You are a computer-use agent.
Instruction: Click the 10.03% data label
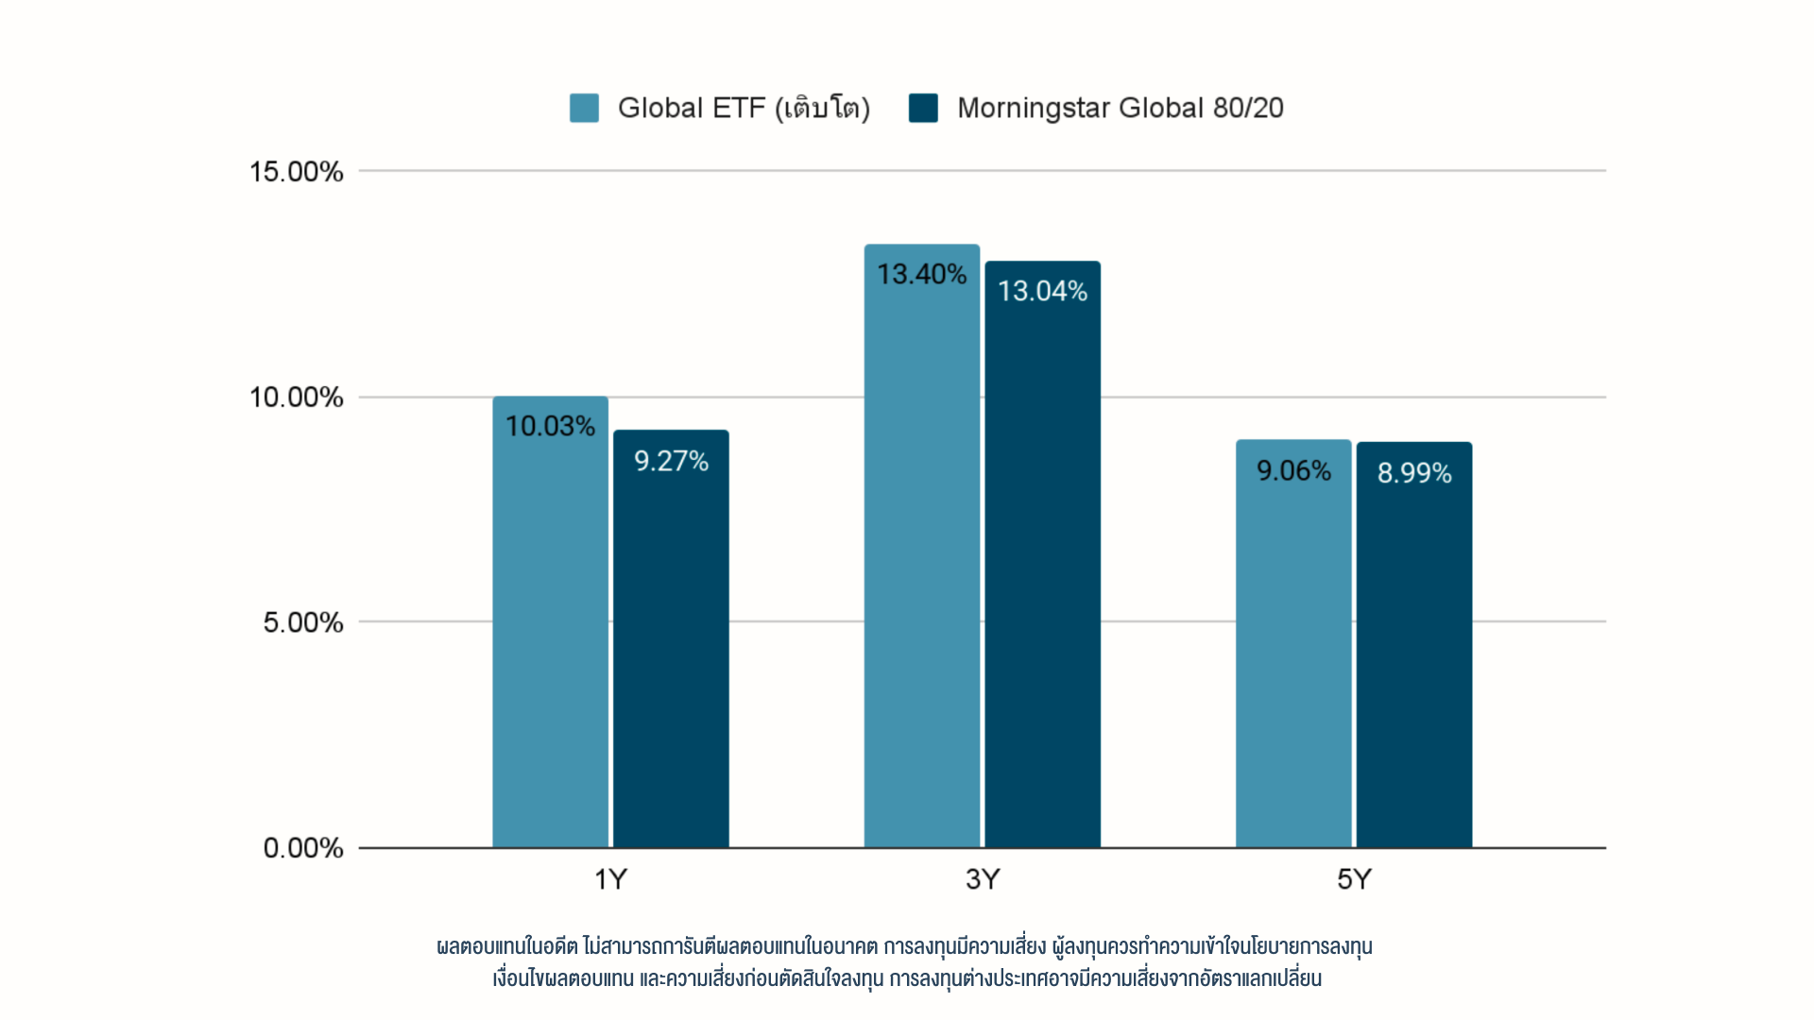(550, 427)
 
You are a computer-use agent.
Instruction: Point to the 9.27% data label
(671, 461)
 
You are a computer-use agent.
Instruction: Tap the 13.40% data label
(921, 275)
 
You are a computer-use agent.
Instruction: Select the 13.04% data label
(1042, 291)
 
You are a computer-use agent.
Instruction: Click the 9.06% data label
(1293, 470)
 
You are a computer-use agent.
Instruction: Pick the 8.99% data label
(1414, 473)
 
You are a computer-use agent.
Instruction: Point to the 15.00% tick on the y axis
(296, 172)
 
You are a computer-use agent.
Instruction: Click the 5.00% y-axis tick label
(302, 622)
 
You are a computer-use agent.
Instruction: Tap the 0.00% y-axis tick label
(302, 848)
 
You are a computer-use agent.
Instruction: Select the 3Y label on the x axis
(983, 880)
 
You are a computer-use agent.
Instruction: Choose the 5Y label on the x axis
(1354, 880)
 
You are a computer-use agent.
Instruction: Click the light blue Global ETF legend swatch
(584, 108)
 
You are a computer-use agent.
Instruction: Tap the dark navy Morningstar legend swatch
(923, 108)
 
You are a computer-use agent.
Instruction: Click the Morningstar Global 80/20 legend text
(1121, 108)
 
